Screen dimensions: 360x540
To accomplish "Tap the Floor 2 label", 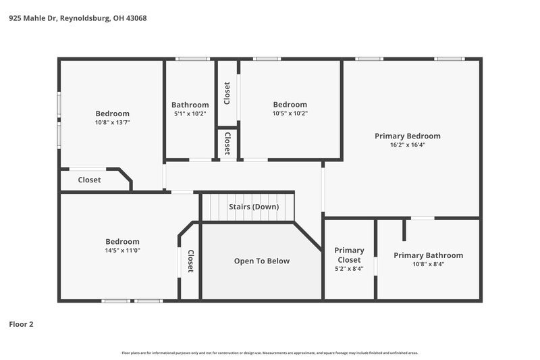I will (x=21, y=324).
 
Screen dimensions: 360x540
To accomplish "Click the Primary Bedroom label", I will (x=407, y=136).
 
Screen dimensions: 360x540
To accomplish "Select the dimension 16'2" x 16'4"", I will (x=407, y=145).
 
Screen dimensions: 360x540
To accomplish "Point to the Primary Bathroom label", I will (x=428, y=255).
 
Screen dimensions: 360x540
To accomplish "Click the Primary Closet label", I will (x=349, y=255).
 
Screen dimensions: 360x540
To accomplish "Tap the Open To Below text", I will (x=261, y=261).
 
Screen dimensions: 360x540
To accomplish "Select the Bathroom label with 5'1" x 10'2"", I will (x=190, y=105).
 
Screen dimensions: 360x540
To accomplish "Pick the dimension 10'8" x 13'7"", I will (x=112, y=122).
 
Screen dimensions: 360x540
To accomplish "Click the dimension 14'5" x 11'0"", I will (x=122, y=251).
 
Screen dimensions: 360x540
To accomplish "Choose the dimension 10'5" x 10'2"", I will (x=290, y=113).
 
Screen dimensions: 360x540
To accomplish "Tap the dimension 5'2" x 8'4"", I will (x=349, y=268).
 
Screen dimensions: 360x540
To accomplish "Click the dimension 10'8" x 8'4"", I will (x=428, y=264).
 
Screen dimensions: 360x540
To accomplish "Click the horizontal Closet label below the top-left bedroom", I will (x=89, y=180).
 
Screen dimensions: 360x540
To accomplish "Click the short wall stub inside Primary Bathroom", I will (x=404, y=229).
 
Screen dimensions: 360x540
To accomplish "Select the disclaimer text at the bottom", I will (x=269, y=353).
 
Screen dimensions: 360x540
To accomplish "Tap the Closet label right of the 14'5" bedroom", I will (x=190, y=261).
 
